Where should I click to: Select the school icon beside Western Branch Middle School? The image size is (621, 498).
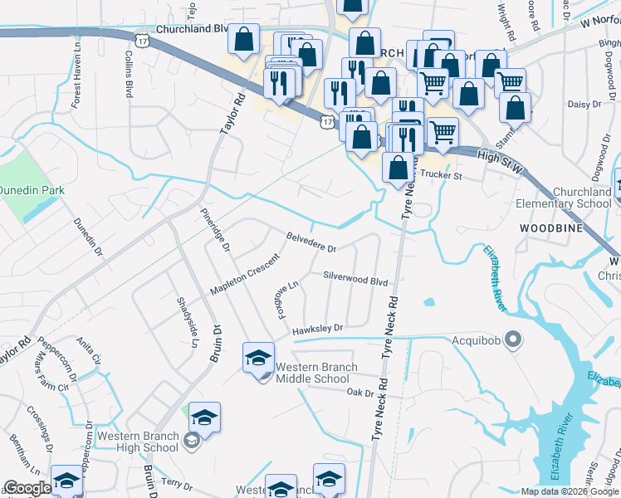(258, 358)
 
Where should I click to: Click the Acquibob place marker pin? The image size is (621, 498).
(513, 339)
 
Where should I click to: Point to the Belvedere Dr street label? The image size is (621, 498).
(311, 242)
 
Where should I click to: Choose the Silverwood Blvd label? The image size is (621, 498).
(355, 281)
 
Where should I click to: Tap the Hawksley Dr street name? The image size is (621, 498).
(317, 329)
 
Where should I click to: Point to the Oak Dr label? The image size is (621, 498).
(361, 393)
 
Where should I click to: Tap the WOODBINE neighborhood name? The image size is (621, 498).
(547, 227)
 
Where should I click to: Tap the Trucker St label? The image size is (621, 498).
(439, 175)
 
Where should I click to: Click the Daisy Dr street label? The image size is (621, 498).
(584, 104)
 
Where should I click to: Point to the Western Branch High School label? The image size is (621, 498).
(138, 442)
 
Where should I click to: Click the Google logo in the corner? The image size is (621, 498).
(27, 488)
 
